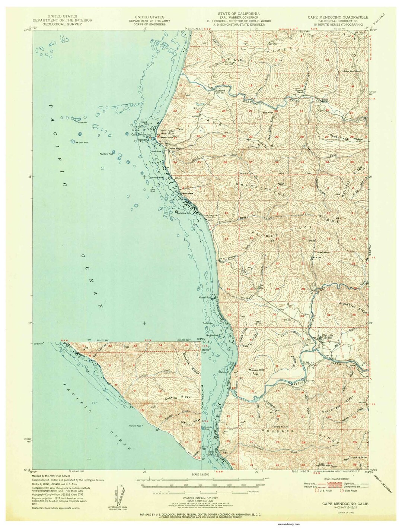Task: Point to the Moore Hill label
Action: point(256,370)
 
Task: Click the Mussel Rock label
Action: point(206,297)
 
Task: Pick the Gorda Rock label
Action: point(39,344)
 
